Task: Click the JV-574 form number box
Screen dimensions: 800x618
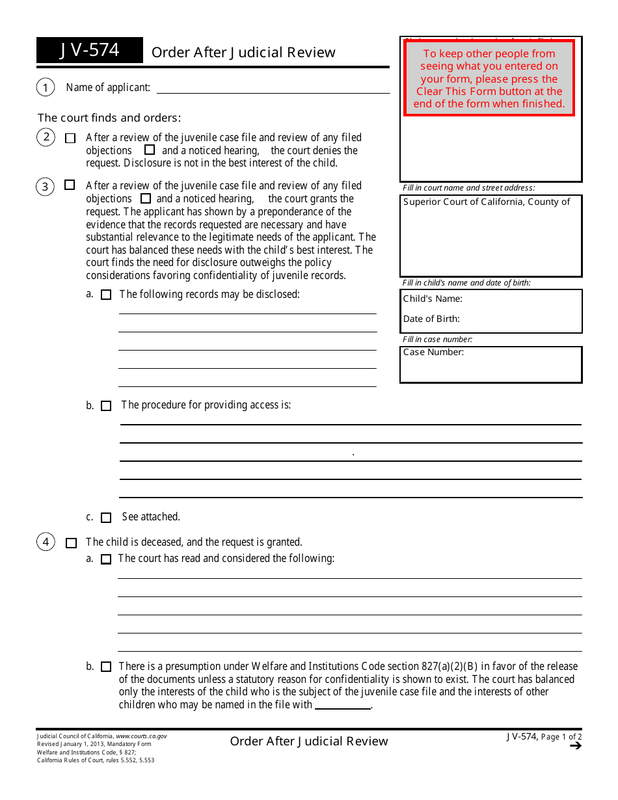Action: click(90, 50)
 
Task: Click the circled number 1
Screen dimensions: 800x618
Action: click(46, 87)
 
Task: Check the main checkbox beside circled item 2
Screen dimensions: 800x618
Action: click(71, 138)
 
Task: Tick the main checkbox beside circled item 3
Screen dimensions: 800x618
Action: click(70, 185)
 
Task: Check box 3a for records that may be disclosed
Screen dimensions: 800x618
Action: click(106, 295)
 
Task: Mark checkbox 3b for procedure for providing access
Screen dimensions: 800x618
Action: click(106, 406)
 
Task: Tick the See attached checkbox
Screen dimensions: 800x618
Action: click(106, 518)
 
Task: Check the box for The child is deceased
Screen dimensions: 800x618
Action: click(72, 542)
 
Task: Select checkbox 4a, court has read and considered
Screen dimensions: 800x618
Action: click(106, 559)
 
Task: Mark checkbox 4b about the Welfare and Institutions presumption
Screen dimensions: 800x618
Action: click(106, 667)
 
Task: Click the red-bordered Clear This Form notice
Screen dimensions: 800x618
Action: click(489, 79)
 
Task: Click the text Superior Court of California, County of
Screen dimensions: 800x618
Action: click(487, 202)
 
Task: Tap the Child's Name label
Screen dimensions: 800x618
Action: click(433, 299)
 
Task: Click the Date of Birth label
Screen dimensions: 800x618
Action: click(431, 319)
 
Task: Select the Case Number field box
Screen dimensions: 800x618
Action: click(490, 364)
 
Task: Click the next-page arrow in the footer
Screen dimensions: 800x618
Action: click(575, 746)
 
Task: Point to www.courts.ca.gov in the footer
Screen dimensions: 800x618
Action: click(141, 736)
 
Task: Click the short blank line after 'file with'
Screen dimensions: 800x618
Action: click(342, 706)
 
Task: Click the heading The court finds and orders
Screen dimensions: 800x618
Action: click(109, 118)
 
